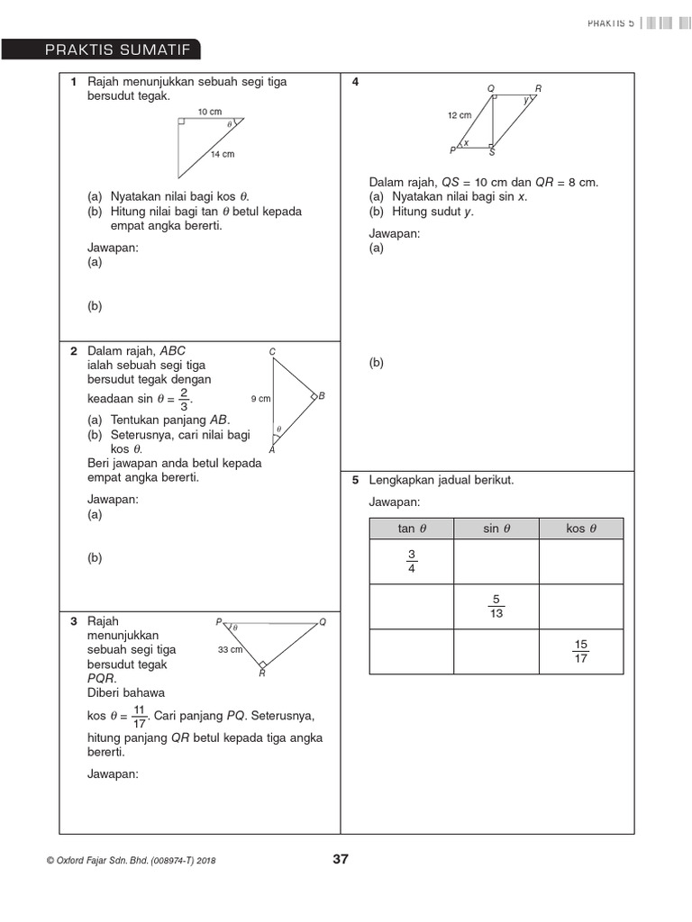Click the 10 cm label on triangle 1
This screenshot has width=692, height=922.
tap(209, 112)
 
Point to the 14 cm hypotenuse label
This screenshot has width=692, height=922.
tap(223, 154)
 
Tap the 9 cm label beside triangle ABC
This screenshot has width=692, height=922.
tap(260, 398)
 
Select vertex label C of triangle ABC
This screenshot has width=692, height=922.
tap(272, 350)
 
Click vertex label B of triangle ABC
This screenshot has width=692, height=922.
tap(322, 396)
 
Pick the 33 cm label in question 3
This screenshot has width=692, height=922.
tap(231, 649)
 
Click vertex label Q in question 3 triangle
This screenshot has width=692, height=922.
tap(323, 622)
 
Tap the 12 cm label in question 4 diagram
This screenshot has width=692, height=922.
tap(459, 115)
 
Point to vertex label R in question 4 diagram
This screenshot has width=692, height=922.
tap(538, 88)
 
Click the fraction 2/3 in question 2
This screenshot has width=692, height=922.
tap(183, 399)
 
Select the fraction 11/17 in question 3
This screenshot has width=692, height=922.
tap(139, 716)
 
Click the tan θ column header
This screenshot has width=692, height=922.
tap(411, 529)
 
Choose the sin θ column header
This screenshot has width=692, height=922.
tap(496, 529)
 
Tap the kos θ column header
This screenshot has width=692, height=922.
tap(581, 529)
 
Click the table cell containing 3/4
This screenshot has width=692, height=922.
tap(411, 562)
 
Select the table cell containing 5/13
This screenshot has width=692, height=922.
tap(496, 607)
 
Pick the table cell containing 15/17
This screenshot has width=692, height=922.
tap(581, 651)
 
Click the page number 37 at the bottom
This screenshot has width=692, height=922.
tap(341, 859)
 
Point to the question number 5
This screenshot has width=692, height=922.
tap(356, 481)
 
